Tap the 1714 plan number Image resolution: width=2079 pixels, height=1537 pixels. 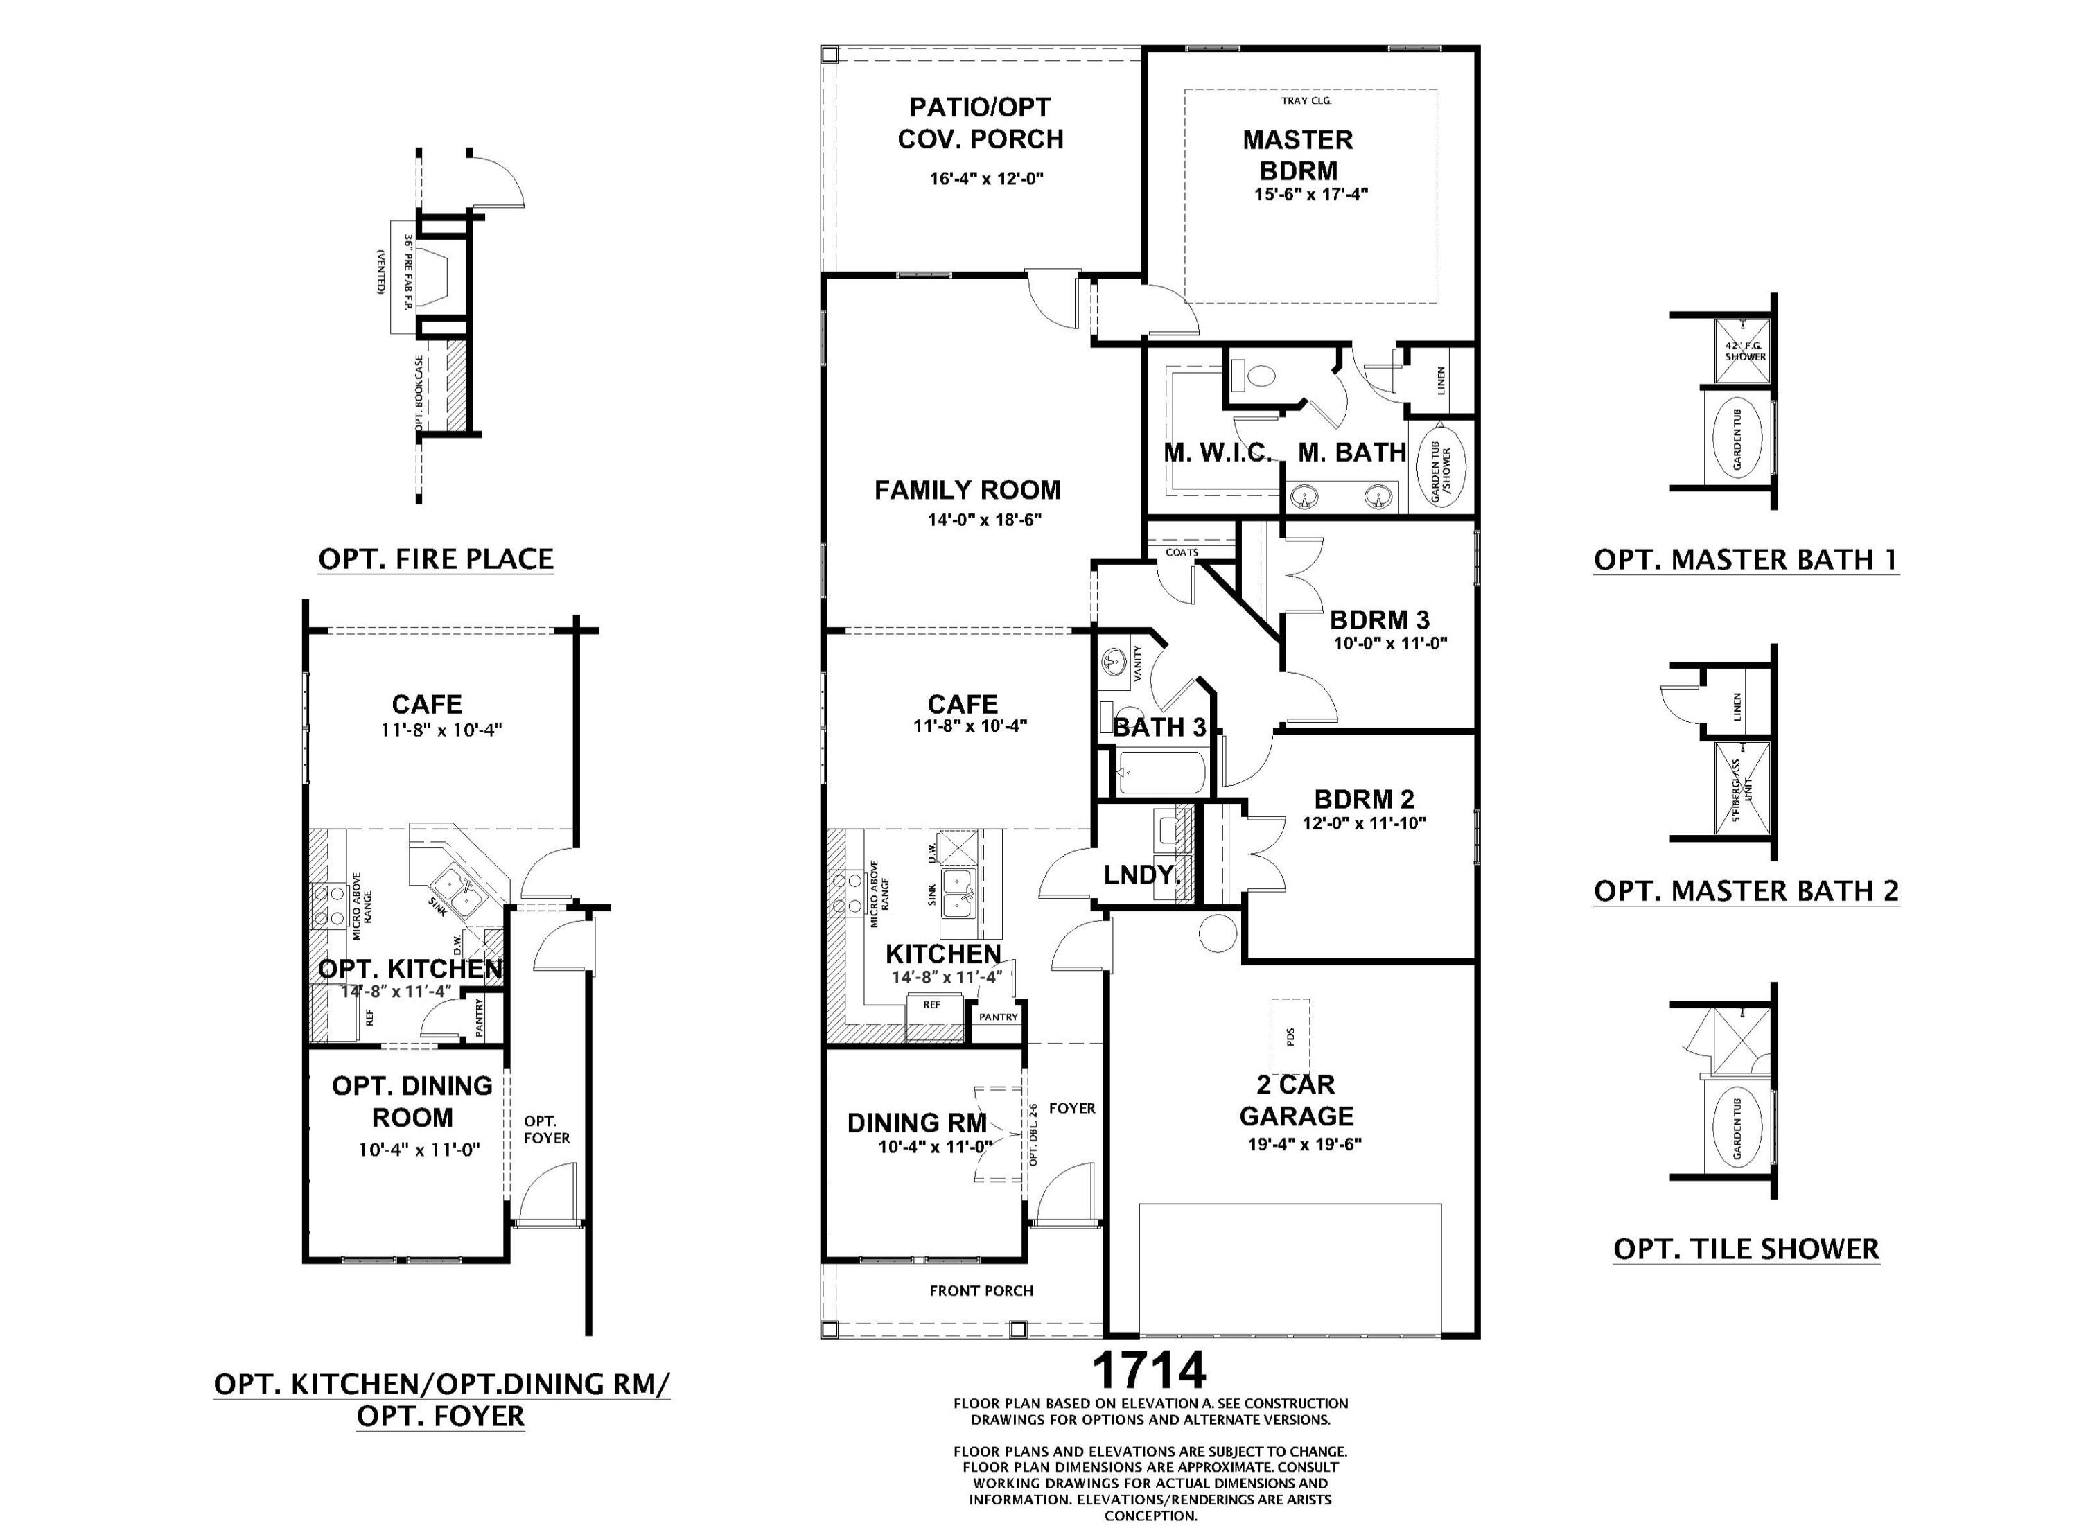[x=1149, y=1369]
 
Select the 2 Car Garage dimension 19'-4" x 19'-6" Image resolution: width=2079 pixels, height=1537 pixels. [x=1304, y=1144]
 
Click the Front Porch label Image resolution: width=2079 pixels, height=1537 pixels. [x=981, y=1290]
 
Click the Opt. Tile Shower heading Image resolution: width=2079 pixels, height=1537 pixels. [x=1746, y=1249]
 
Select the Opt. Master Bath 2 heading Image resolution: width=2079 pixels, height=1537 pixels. [x=1746, y=890]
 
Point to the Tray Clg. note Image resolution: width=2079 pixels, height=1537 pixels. [x=1306, y=100]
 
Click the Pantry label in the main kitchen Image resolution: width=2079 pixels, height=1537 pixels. [x=998, y=1017]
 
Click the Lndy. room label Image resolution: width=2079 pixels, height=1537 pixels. [x=1142, y=875]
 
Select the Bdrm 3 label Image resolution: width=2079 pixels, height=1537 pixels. [x=1380, y=620]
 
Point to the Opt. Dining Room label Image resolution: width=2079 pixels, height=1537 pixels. [x=412, y=1102]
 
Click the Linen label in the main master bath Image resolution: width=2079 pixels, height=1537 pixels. [x=1441, y=380]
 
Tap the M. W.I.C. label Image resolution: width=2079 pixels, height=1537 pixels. [x=1218, y=453]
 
